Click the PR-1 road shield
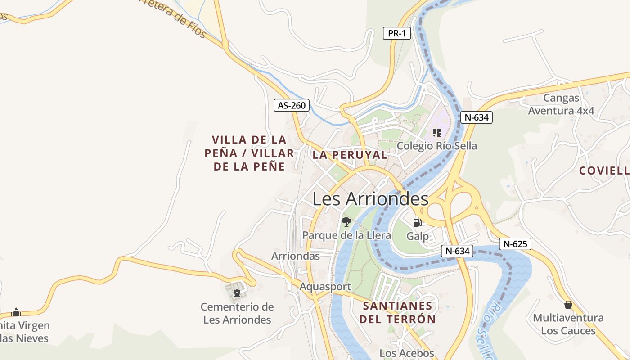[397, 33]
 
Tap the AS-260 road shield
[292, 106]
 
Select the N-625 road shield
[515, 244]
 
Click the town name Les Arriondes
[370, 198]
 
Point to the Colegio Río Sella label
[436, 146]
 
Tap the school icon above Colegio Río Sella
[436, 132]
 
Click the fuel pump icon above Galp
[417, 222]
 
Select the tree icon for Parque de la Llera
[346, 221]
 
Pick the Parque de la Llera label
[346, 235]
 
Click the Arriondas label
[296, 256]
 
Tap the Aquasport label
[325, 287]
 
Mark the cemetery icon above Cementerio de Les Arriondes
[237, 293]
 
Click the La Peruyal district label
[350, 155]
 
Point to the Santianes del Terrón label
[399, 313]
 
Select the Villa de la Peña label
[249, 153]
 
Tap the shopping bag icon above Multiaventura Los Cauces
[568, 305]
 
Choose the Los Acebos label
[407, 353]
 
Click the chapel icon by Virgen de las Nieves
[16, 312]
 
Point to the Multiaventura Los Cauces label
[568, 324]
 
